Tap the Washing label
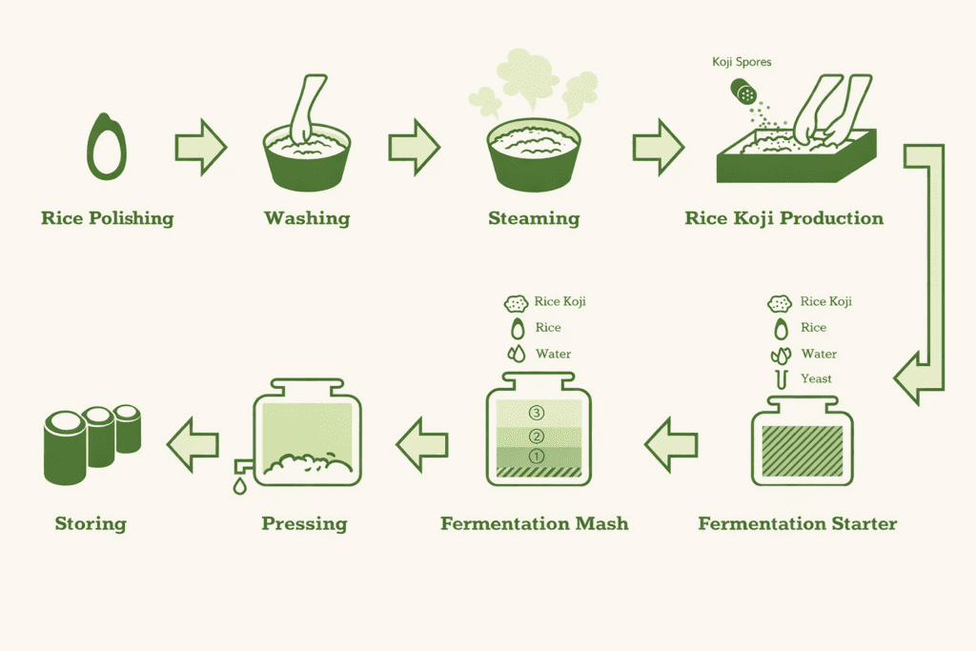click(x=307, y=218)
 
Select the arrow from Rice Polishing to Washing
click(x=200, y=147)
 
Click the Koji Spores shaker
click(x=743, y=92)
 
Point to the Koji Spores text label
click(x=742, y=62)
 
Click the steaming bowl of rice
click(x=534, y=155)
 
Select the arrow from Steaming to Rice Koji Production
click(x=659, y=147)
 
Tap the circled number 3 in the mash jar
click(x=536, y=413)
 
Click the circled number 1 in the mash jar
click(x=536, y=457)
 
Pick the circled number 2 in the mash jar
click(x=536, y=436)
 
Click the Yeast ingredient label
click(x=816, y=378)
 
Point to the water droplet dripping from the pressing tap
click(x=239, y=485)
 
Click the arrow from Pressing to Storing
click(x=193, y=444)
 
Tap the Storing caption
click(x=91, y=524)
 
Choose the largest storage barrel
click(x=65, y=447)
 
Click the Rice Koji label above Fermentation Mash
click(x=559, y=301)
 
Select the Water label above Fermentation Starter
click(x=819, y=354)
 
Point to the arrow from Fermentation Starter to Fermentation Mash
click(x=671, y=444)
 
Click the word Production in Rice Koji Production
click(x=831, y=218)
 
